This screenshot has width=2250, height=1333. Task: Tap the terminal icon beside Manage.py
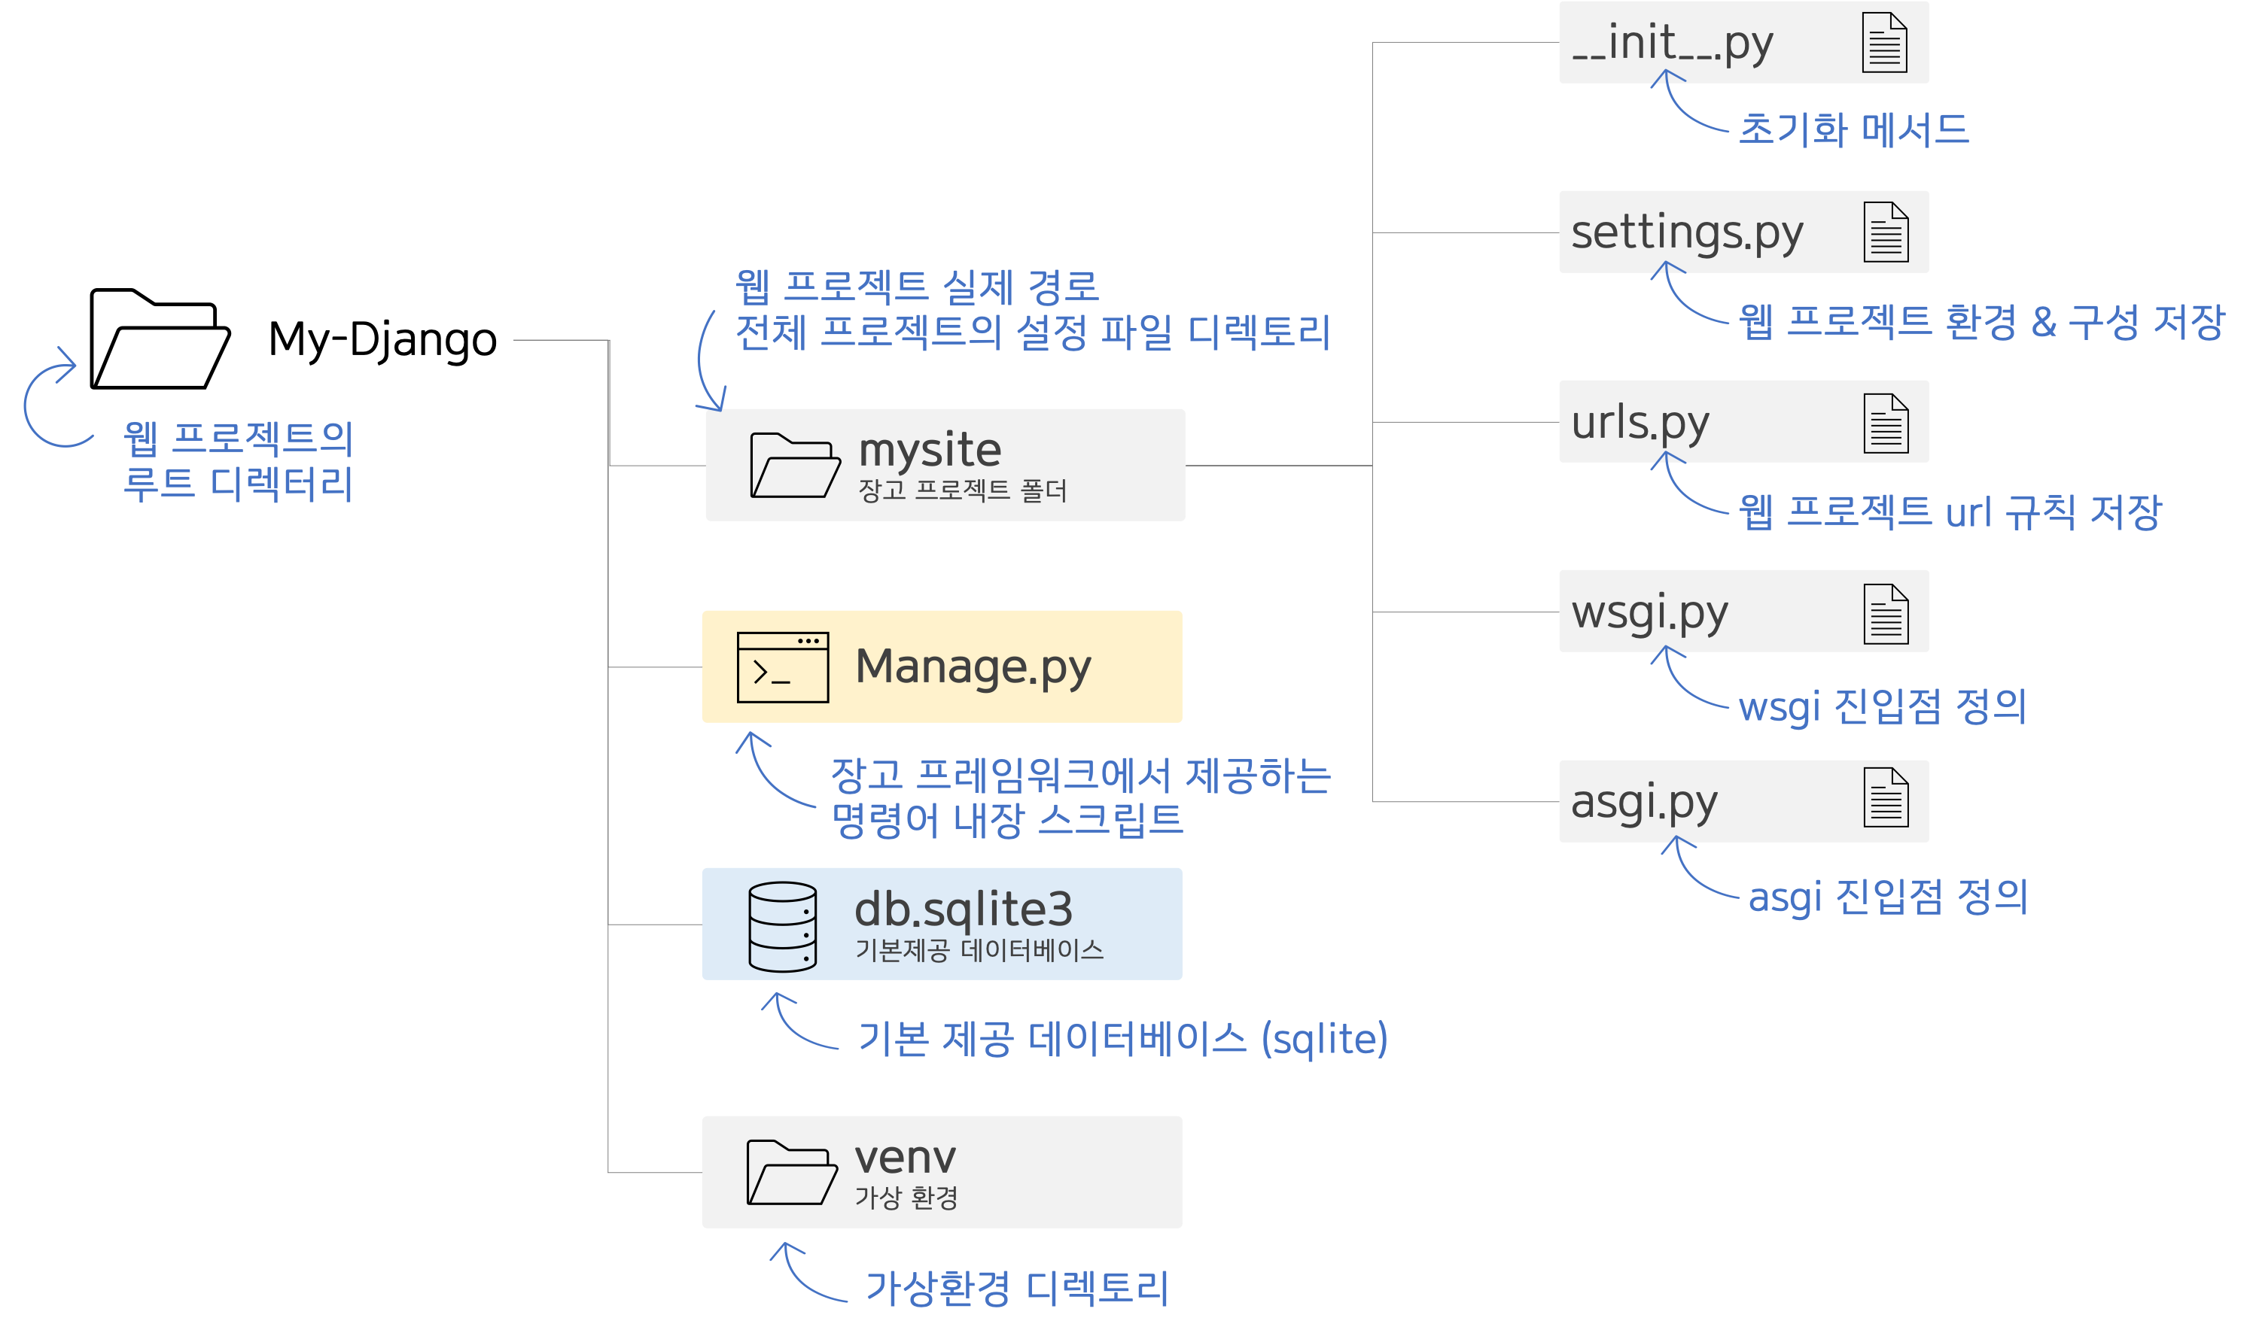(783, 667)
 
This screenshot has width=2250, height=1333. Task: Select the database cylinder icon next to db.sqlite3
(783, 927)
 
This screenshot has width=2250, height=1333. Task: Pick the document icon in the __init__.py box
(1884, 42)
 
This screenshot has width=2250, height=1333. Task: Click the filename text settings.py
(1687, 232)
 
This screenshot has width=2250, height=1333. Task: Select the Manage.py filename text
(973, 667)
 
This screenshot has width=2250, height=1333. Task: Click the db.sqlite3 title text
(964, 909)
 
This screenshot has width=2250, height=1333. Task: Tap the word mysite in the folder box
(930, 449)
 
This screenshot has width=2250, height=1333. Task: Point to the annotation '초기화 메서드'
(1854, 130)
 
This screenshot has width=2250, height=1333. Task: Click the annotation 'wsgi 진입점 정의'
(1883, 707)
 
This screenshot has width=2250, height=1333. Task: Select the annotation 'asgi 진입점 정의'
(1888, 897)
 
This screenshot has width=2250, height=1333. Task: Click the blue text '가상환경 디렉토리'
(1016, 1288)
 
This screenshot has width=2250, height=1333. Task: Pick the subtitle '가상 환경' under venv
(906, 1198)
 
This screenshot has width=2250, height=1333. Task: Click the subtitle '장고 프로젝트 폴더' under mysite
(962, 490)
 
